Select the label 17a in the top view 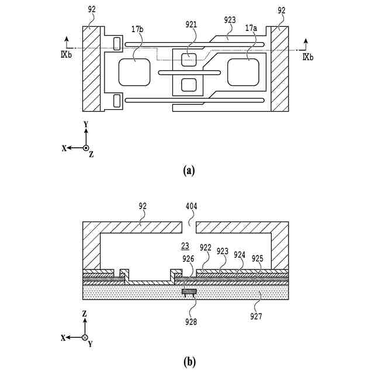point(251,27)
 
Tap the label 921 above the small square point(191,25)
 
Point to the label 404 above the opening point(191,206)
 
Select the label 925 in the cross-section point(258,258)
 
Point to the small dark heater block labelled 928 point(189,291)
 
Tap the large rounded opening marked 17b point(135,72)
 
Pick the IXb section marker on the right point(308,57)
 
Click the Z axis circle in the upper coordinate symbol point(85,148)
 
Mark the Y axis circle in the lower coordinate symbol point(85,337)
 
